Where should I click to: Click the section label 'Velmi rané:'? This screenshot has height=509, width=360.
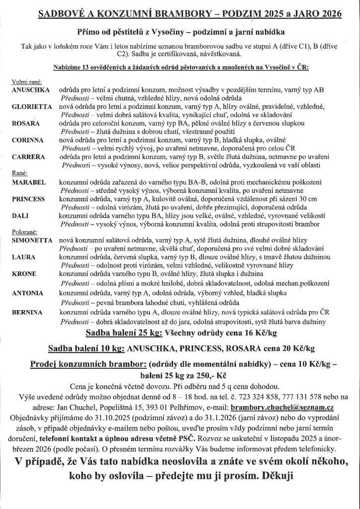(25, 81)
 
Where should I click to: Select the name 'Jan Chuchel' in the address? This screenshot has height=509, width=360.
(69, 407)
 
